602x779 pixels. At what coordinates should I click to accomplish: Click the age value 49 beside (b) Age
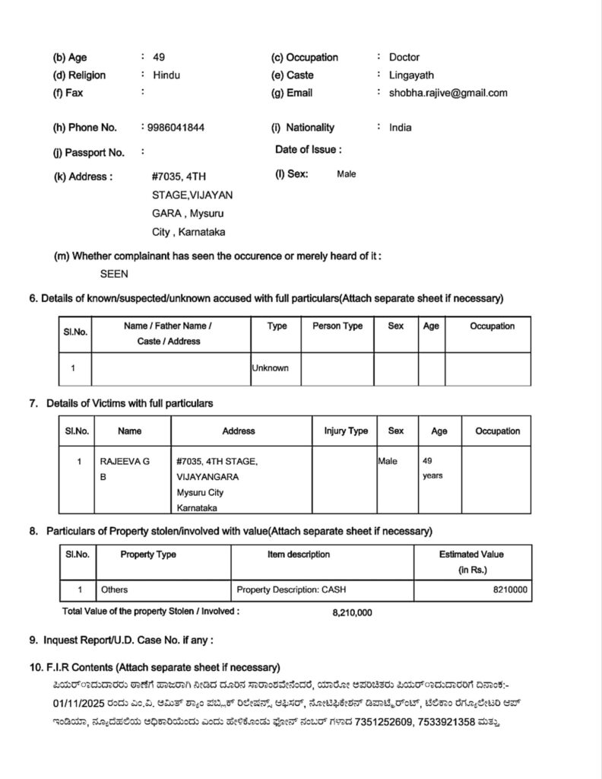[x=159, y=57]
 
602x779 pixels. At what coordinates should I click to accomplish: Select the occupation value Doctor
[x=404, y=57]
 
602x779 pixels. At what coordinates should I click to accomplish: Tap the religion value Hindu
[x=167, y=75]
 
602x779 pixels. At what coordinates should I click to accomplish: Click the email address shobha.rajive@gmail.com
[x=448, y=93]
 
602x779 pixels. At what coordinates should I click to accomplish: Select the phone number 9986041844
[x=175, y=128]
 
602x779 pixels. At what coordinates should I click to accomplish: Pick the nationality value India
[x=401, y=128]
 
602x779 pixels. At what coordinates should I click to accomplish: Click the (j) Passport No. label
[x=89, y=152]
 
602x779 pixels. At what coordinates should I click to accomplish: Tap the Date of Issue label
[x=308, y=150]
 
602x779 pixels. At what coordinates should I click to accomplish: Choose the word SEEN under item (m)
[x=114, y=274]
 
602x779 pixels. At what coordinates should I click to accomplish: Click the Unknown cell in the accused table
[x=271, y=368]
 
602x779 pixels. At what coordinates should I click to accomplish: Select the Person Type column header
[x=337, y=326]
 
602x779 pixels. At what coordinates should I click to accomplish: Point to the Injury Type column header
[x=346, y=431]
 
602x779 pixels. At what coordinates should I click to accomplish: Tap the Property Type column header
[x=148, y=555]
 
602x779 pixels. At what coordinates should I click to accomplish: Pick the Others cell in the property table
[x=114, y=590]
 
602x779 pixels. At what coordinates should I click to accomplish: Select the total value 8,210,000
[x=352, y=612]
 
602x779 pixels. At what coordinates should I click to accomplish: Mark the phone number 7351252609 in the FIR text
[x=385, y=720]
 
